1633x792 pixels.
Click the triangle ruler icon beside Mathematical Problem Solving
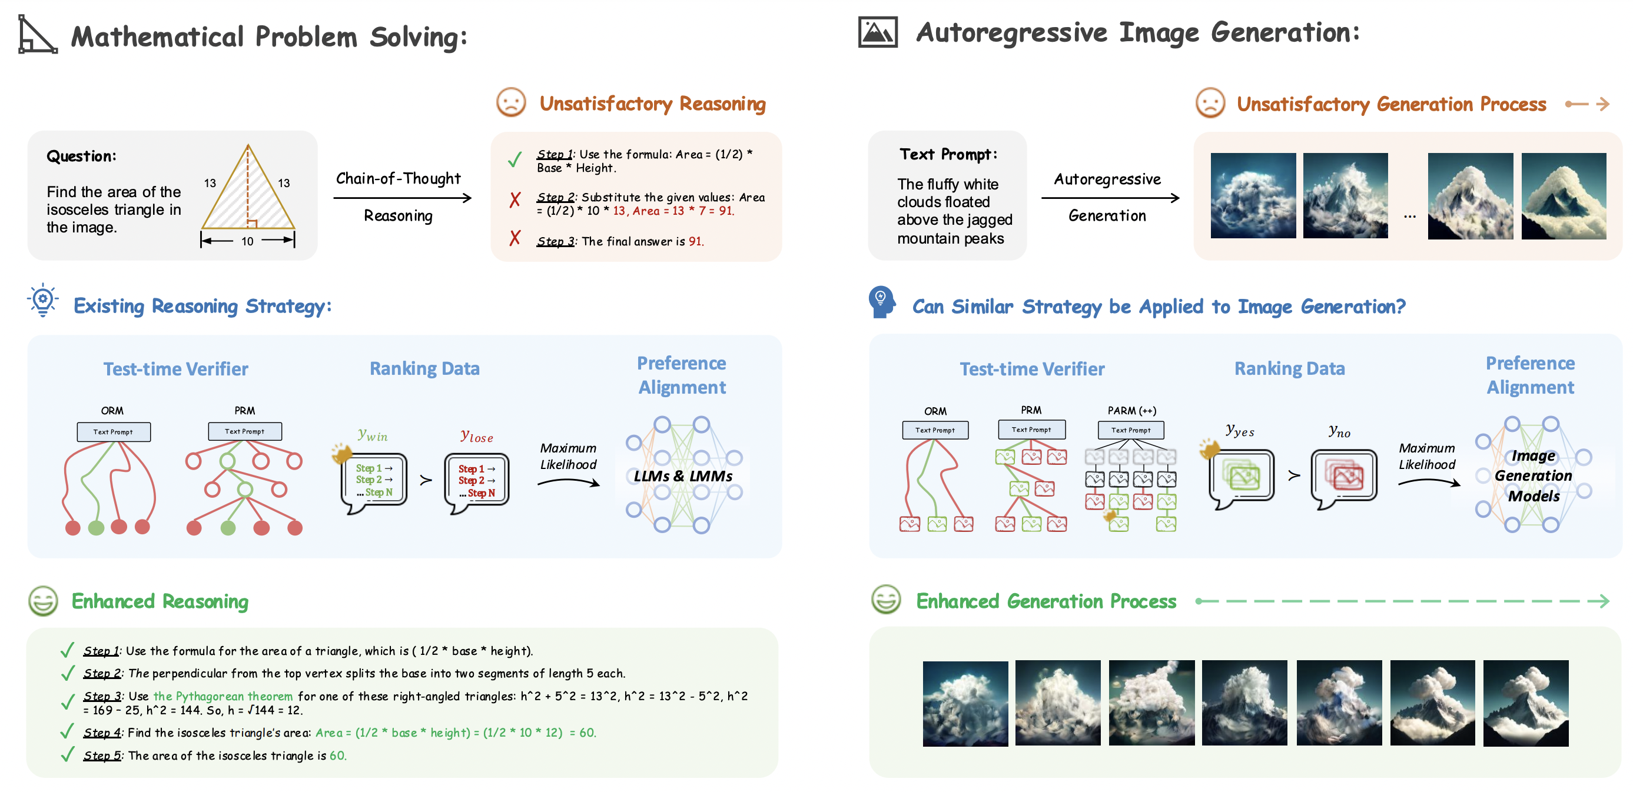[36, 35]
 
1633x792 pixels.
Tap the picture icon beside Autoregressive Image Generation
[877, 32]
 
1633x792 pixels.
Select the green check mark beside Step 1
[515, 159]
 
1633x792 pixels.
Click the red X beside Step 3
[515, 238]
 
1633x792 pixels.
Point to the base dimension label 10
[247, 241]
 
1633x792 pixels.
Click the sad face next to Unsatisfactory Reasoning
[511, 102]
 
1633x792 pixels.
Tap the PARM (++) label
[1131, 411]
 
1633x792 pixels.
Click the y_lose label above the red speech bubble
[477, 436]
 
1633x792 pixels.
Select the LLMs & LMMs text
[683, 477]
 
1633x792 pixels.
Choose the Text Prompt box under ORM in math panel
[114, 432]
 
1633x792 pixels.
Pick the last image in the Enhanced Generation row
[1525, 703]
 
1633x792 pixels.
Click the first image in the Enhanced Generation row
[965, 703]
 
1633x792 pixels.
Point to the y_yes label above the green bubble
[1239, 431]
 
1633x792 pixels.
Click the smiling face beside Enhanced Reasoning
[43, 601]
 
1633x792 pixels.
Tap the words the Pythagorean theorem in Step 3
[223, 696]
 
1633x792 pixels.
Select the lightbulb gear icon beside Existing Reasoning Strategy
[43, 300]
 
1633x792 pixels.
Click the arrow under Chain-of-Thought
[403, 198]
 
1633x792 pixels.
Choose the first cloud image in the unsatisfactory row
[1253, 195]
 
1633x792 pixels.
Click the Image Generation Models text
[1533, 476]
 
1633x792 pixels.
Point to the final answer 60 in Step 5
[337, 756]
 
